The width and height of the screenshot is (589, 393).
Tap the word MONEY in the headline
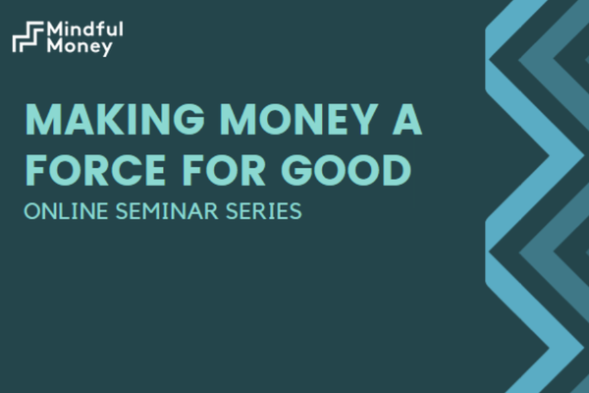(299, 119)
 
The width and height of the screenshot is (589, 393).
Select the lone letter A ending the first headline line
(407, 119)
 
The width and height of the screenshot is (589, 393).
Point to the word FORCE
(96, 170)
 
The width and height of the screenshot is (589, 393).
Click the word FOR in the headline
(224, 170)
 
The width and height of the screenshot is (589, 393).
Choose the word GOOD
(347, 170)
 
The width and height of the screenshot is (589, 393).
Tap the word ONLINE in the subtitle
(66, 211)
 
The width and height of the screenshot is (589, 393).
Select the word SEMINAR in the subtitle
(167, 211)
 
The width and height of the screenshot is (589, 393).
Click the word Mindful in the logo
(84, 28)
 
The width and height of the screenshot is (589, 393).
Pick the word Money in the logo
(80, 46)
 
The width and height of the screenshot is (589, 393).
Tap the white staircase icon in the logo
(28, 36)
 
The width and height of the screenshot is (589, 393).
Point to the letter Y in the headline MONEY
(363, 119)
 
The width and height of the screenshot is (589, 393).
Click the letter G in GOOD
(296, 170)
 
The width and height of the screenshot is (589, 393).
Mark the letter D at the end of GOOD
(397, 170)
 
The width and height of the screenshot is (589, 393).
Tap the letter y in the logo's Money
(106, 49)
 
